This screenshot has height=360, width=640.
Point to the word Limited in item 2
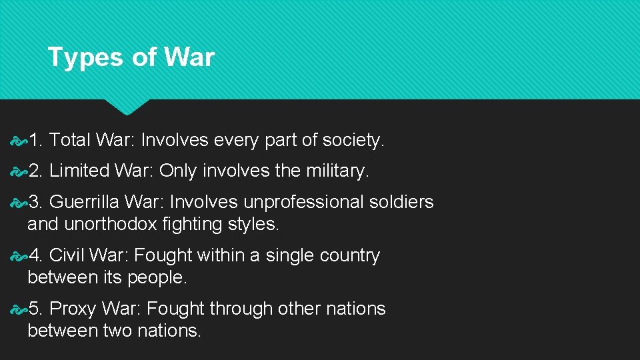[79, 171]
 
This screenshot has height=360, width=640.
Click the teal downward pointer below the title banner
[127, 106]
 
